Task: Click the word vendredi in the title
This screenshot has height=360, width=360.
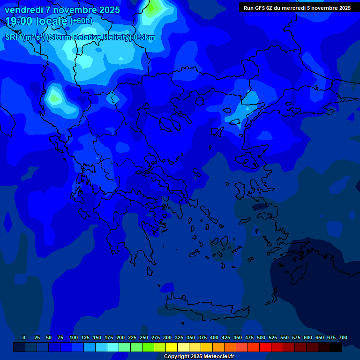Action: tap(24, 10)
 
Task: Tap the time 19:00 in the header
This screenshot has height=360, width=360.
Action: tap(20, 21)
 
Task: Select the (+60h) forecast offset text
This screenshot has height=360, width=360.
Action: tap(81, 21)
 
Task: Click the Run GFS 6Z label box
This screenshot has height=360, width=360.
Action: tap(297, 8)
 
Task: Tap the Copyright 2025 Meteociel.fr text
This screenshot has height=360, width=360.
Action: tap(199, 357)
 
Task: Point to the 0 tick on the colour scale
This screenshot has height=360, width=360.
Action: tap(24, 337)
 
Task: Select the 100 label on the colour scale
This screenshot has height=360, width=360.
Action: tap(74, 337)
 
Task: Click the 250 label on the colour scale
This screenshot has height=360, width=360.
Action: tap(144, 337)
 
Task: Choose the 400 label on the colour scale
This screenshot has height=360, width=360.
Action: tap(214, 337)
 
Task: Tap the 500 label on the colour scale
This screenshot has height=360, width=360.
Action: tap(261, 337)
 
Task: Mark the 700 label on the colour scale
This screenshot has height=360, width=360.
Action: tap(343, 337)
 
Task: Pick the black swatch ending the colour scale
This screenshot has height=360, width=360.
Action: tap(336, 347)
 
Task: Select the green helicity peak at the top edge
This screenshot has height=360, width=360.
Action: tap(153, 8)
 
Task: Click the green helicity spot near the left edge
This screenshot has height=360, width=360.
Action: tap(54, 98)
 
